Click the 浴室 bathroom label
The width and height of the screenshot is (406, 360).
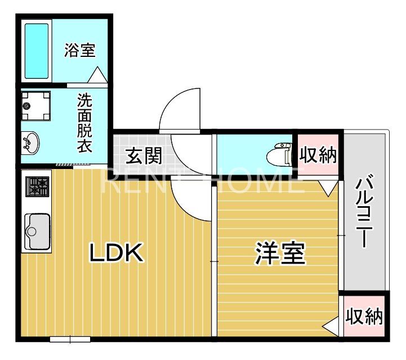[79, 50]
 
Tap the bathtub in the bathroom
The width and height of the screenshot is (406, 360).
[37, 51]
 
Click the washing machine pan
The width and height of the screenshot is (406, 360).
[35, 106]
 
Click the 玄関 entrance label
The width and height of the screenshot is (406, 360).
[140, 154]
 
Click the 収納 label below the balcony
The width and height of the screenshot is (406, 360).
[364, 317]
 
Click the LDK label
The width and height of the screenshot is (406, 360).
[117, 254]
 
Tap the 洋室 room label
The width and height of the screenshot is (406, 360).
[280, 254]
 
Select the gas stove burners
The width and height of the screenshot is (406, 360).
[38, 186]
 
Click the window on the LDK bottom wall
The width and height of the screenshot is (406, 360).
[70, 339]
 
